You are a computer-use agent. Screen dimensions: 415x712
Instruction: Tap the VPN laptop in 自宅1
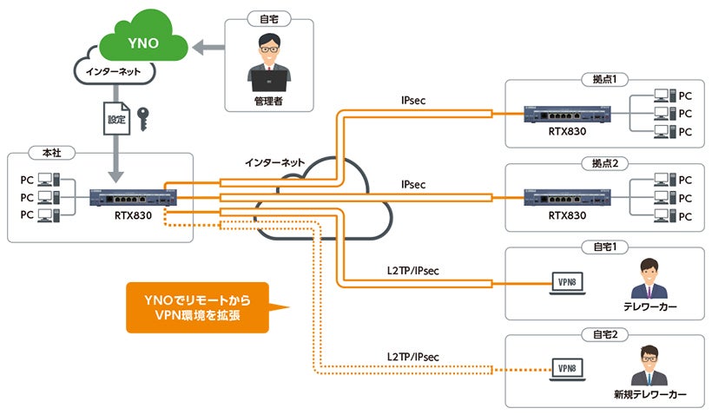click(x=569, y=282)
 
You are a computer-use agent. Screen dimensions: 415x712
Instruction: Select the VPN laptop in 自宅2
click(x=569, y=368)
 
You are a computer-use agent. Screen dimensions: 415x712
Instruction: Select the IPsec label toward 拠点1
click(x=412, y=101)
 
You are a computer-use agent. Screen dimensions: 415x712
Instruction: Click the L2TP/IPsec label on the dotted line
click(x=413, y=356)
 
